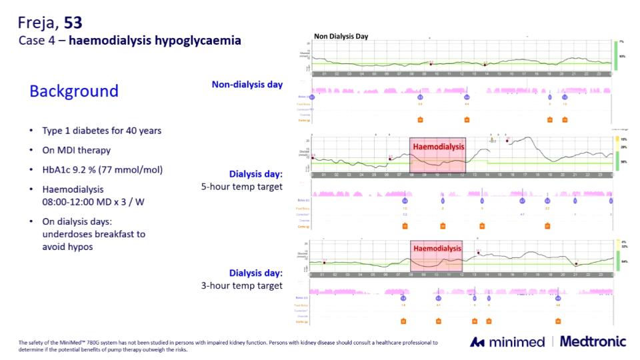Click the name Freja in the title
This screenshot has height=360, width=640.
[x=38, y=23]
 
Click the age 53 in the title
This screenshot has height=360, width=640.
[x=73, y=23]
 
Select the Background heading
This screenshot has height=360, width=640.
[x=73, y=91]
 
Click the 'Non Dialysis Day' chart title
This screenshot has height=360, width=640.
[x=341, y=37]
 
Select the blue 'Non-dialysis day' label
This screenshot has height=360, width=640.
[x=247, y=84]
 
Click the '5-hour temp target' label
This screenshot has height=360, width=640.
[x=241, y=187]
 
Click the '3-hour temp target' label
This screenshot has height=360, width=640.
[x=241, y=285]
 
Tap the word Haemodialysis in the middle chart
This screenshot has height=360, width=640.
[x=438, y=147]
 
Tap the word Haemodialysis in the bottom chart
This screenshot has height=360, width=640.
[x=437, y=248]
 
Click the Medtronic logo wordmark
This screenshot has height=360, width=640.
[x=593, y=342]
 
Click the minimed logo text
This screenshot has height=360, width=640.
[x=515, y=342]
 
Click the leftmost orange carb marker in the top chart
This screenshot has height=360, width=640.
[x=420, y=120]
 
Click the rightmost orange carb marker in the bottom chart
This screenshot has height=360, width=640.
[x=558, y=321]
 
